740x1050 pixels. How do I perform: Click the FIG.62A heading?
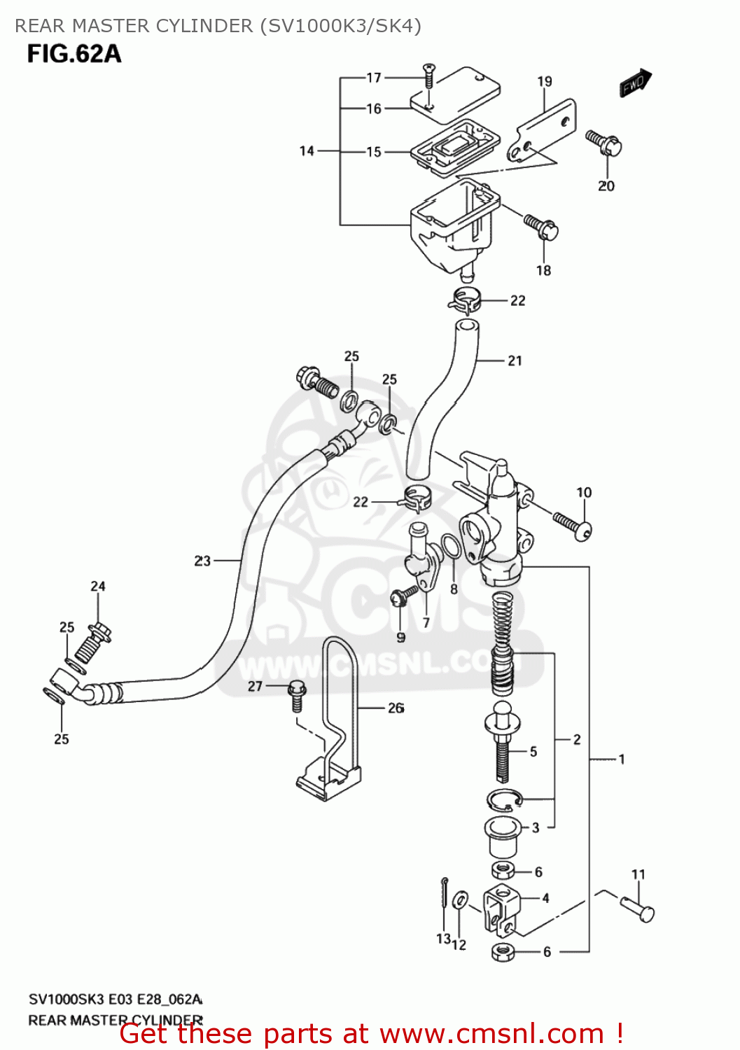pyautogui.click(x=74, y=54)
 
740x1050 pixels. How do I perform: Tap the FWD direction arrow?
pyautogui.click(x=635, y=83)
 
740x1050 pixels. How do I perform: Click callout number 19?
pyautogui.click(x=545, y=82)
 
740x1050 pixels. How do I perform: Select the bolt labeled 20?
pyautogui.click(x=604, y=143)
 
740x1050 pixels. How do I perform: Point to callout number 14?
pyautogui.click(x=307, y=150)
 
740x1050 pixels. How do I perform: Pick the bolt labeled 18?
pyautogui.click(x=541, y=226)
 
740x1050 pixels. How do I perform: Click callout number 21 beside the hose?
pyautogui.click(x=515, y=360)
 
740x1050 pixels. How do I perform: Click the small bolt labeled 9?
pyautogui.click(x=403, y=596)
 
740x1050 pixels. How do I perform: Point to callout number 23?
pyautogui.click(x=202, y=561)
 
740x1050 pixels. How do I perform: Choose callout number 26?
pyautogui.click(x=396, y=708)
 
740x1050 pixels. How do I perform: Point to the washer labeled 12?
pyautogui.click(x=461, y=900)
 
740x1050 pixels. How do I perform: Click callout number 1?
pyautogui.click(x=621, y=759)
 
